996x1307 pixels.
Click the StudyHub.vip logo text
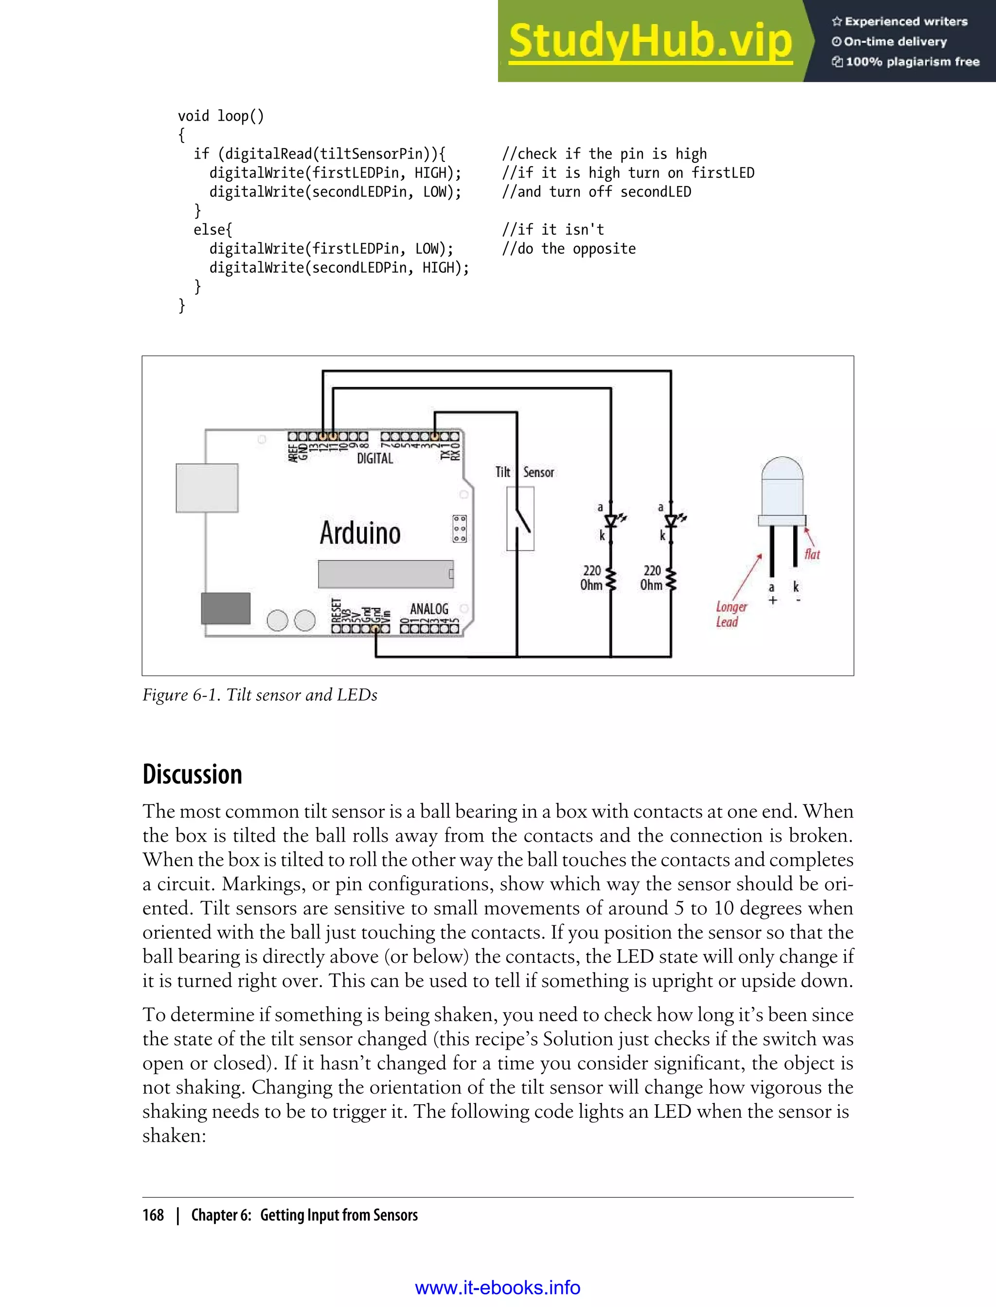[650, 41]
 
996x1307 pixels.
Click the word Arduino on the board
[360, 532]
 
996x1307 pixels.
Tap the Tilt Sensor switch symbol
[520, 519]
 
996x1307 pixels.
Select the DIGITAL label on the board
[374, 458]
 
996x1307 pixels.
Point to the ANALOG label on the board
[429, 609]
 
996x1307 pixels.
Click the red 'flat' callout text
[812, 554]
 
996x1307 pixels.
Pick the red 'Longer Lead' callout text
[730, 614]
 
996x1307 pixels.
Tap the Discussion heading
[192, 775]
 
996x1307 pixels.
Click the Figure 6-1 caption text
[260, 695]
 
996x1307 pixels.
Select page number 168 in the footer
[153, 1215]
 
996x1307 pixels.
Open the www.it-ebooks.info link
[498, 1288]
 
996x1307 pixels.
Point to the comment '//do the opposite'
[569, 249]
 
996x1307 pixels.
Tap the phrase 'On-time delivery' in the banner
[895, 41]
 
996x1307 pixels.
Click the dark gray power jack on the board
[225, 608]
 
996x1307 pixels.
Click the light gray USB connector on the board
[207, 488]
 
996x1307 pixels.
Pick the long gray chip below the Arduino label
[385, 574]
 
